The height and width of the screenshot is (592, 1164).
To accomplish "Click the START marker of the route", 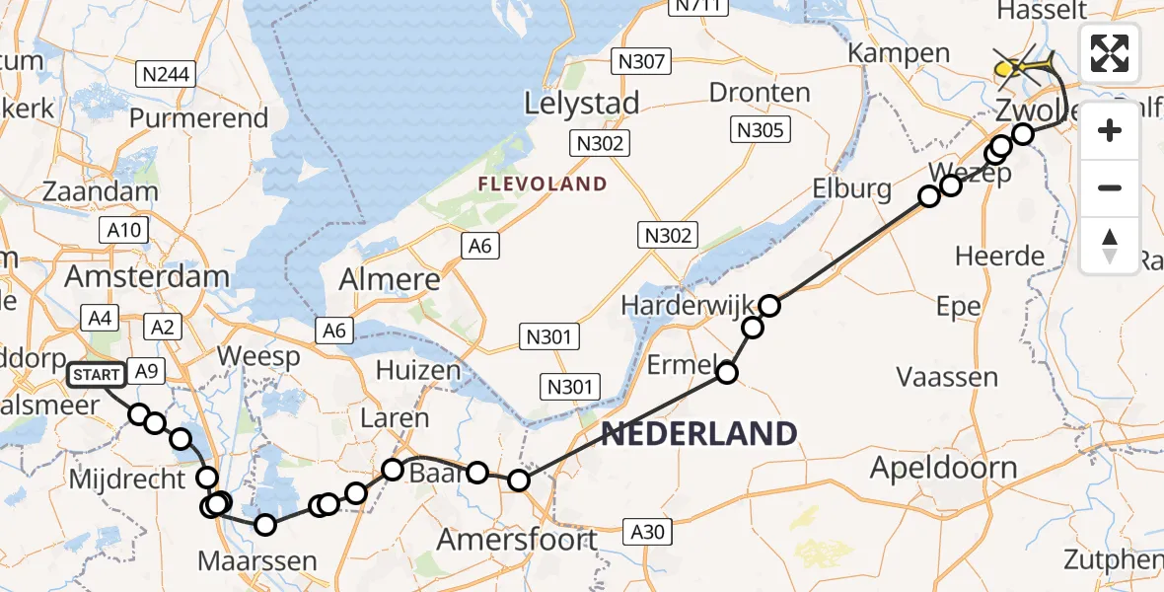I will (97, 375).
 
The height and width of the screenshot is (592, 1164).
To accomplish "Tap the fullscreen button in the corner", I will (1110, 53).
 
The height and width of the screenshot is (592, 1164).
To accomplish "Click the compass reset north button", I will (1110, 246).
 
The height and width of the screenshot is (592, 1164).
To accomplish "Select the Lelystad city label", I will (581, 103).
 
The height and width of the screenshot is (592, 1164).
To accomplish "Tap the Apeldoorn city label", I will (942, 467).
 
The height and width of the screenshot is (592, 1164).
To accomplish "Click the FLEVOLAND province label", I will (542, 184).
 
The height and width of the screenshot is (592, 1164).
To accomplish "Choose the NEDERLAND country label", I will (698, 433).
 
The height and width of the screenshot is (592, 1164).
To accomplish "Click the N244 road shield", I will (167, 75).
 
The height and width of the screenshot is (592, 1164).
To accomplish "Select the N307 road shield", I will (640, 61).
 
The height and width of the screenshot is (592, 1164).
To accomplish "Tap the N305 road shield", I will (759, 129).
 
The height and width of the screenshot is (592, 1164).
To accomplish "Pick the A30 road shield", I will (647, 532).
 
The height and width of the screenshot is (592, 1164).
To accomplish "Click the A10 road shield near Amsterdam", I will (123, 231).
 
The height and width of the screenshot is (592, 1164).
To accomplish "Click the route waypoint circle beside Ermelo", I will (727, 372).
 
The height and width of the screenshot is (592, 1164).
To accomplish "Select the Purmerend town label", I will (198, 118).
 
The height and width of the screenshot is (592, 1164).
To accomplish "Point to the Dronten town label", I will (760, 94).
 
